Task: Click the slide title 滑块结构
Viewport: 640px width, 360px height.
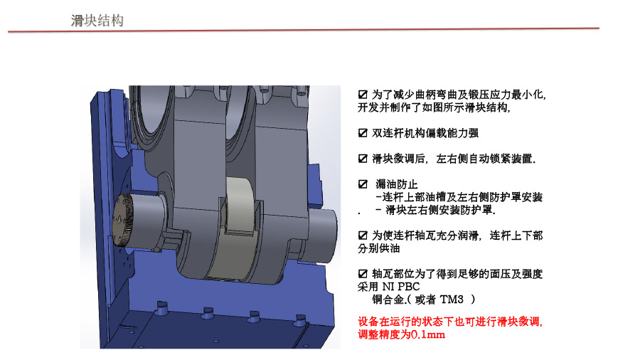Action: [97, 21]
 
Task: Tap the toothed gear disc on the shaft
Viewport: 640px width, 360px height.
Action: [122, 220]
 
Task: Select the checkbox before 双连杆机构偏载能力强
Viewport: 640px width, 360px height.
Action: [363, 133]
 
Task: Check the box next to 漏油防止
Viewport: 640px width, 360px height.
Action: [363, 184]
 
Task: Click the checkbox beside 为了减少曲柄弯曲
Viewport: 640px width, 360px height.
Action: [363, 95]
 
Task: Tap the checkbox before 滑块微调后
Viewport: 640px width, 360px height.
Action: [363, 159]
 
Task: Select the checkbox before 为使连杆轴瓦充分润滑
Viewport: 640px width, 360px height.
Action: [363, 235]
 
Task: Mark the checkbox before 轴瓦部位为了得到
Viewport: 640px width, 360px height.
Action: [363, 274]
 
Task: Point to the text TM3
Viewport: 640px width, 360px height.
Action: [452, 300]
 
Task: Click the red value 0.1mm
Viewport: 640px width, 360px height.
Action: [428, 335]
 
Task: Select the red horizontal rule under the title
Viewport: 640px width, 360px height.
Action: [303, 30]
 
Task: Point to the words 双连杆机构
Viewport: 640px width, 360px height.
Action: [398, 133]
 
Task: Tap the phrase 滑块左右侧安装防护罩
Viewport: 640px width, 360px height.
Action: [439, 210]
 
